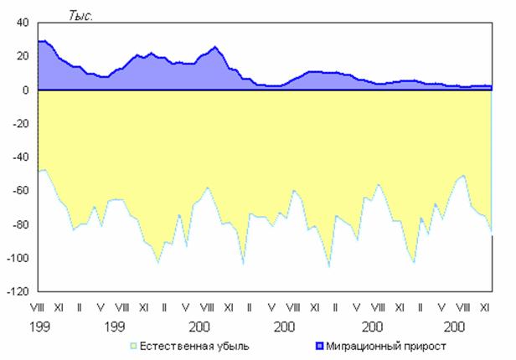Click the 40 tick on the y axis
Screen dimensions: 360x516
[x=23, y=23]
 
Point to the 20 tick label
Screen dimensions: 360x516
[x=23, y=56]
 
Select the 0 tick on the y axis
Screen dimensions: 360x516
[x=26, y=90]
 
